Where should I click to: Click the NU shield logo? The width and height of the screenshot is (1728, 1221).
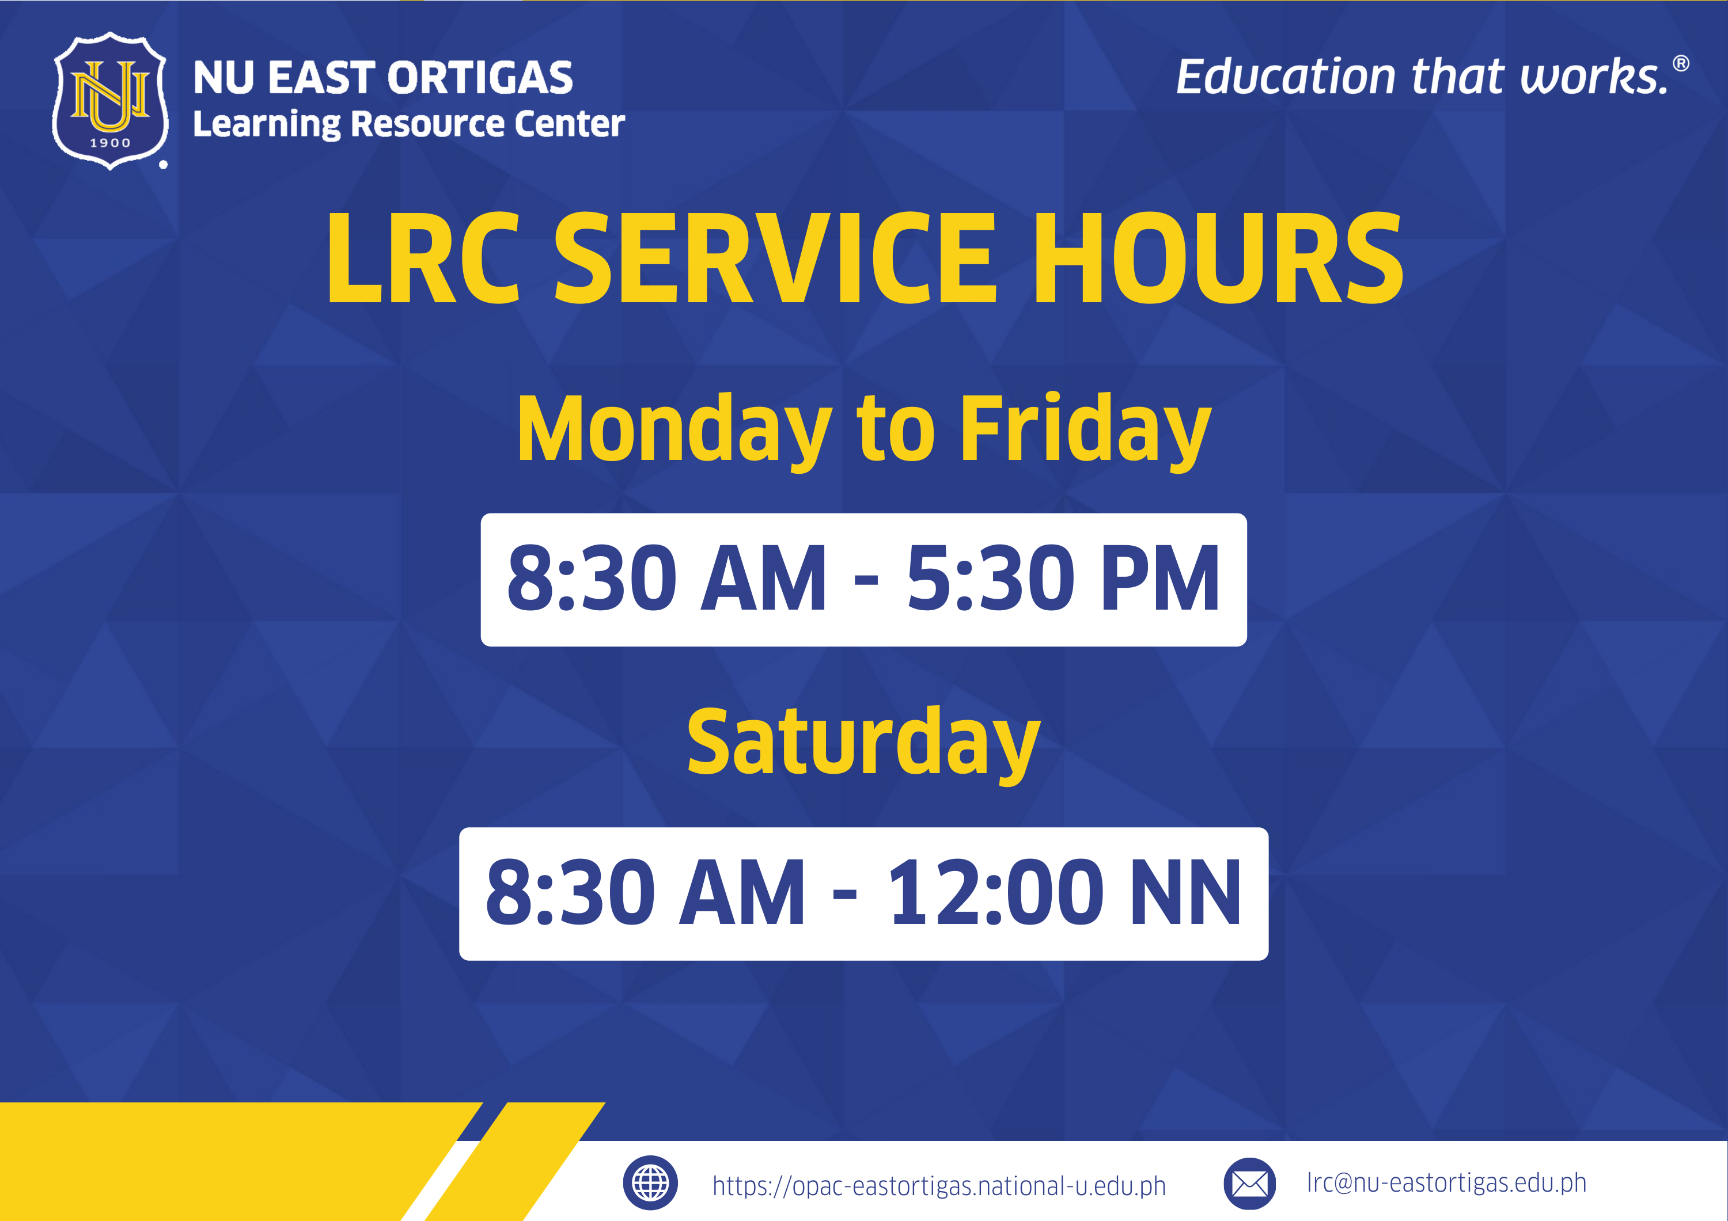pyautogui.click(x=111, y=101)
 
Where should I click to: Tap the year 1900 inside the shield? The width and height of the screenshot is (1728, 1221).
pyautogui.click(x=111, y=143)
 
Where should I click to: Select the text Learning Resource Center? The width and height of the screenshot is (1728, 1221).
pyautogui.click(x=408, y=125)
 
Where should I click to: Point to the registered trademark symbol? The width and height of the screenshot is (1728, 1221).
pyautogui.click(x=1681, y=64)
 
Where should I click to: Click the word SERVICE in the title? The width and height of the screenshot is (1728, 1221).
pyautogui.click(x=775, y=258)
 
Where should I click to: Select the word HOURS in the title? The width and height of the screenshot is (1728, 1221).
pyautogui.click(x=1218, y=258)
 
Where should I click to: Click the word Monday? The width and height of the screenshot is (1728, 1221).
pyautogui.click(x=674, y=429)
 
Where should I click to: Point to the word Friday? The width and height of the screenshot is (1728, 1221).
pyautogui.click(x=1085, y=429)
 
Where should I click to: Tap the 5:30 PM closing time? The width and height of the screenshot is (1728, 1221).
pyautogui.click(x=1063, y=579)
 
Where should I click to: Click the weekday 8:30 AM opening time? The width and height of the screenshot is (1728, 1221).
pyautogui.click(x=666, y=579)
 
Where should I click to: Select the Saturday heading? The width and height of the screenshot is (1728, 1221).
pyautogui.click(x=863, y=744)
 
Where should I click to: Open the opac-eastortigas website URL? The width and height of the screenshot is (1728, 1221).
pyautogui.click(x=938, y=1186)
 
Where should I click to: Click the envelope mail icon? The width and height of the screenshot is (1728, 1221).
pyautogui.click(x=1249, y=1184)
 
